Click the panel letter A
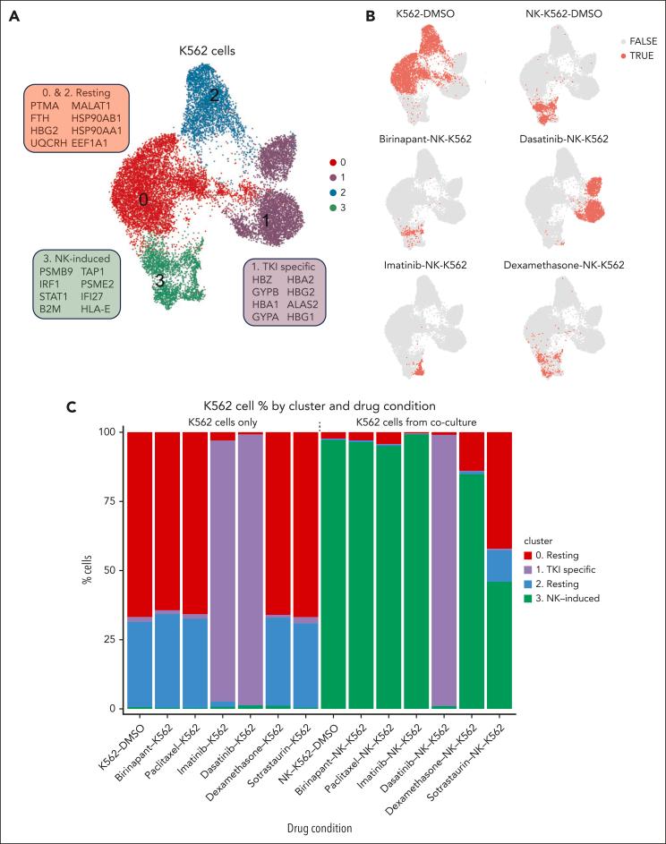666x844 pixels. pyautogui.click(x=15, y=14)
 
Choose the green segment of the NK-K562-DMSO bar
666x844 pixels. pyautogui.click(x=333, y=574)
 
